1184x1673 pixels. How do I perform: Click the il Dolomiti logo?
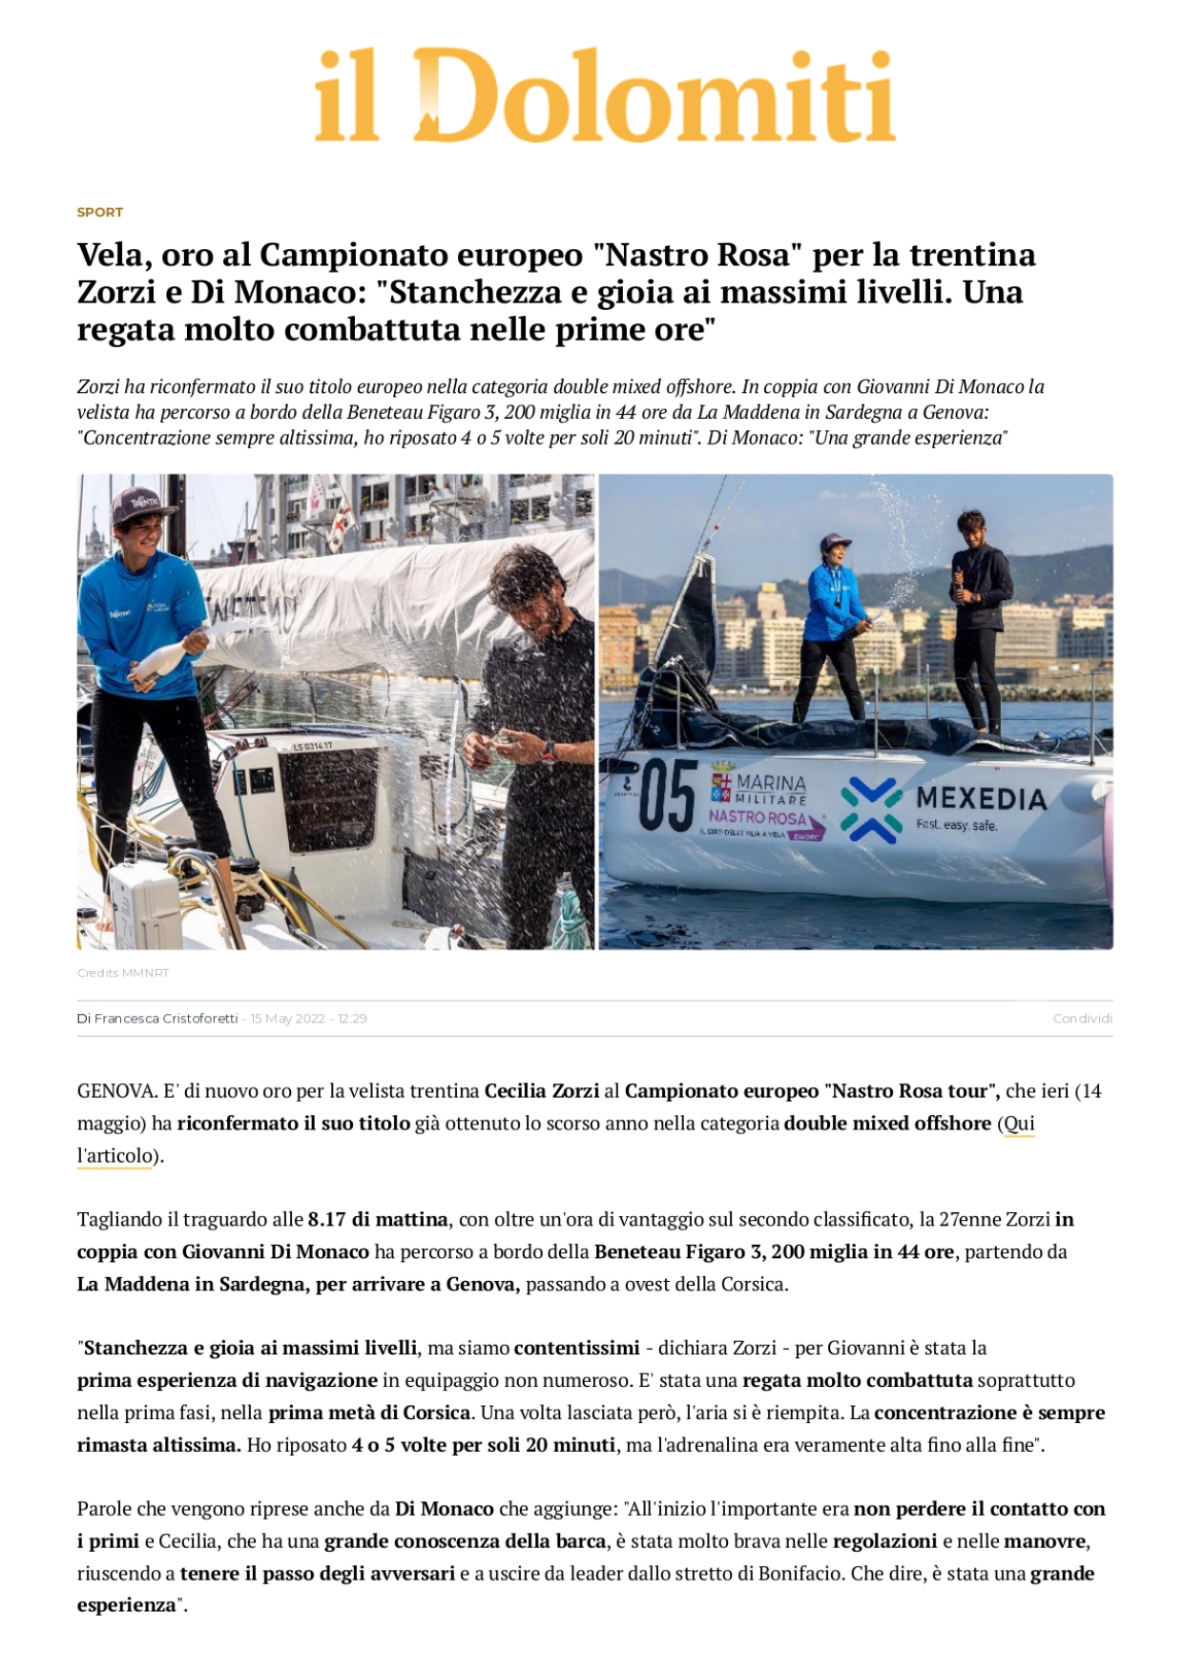pos(604,96)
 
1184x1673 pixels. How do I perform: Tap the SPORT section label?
pos(100,212)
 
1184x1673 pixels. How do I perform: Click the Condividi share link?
pos(1082,1019)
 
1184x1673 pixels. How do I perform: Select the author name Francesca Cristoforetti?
pos(166,1019)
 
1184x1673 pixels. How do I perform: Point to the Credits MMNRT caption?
pos(123,973)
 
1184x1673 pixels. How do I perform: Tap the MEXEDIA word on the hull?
pos(981,798)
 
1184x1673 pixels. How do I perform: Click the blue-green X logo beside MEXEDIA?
pos(870,810)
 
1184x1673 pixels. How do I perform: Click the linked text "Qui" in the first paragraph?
pos(1018,1124)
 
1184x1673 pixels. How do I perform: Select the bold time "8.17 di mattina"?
pos(377,1220)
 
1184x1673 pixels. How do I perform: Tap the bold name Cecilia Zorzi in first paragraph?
pos(542,1091)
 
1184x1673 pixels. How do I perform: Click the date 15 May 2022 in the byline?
pos(287,1019)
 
